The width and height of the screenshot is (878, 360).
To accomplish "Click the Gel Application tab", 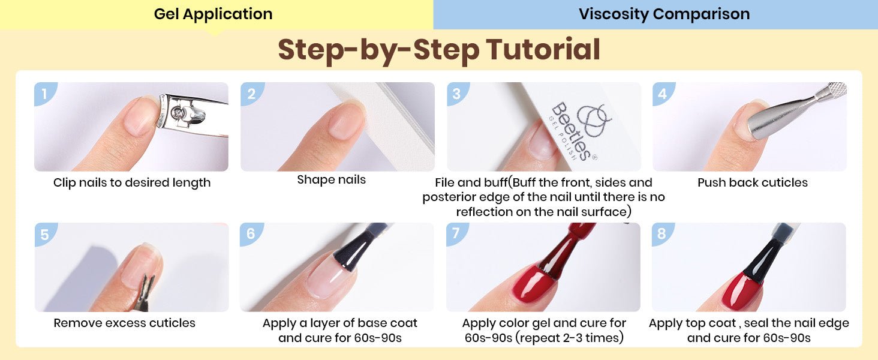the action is click(214, 14).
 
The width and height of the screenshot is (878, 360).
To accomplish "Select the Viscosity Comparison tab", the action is click(664, 14).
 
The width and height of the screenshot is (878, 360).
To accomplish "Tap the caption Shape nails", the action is click(331, 179).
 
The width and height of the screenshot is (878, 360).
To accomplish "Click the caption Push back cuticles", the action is click(753, 182).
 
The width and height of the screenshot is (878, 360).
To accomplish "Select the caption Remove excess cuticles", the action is click(124, 323).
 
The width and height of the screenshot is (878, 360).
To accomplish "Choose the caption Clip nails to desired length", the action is click(132, 183).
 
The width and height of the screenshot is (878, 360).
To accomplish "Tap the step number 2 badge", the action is click(251, 94).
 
